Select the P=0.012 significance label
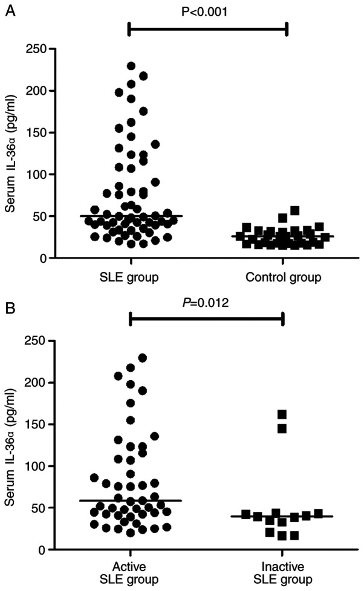(x=207, y=303)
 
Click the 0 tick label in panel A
(x=45, y=258)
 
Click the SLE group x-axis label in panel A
(x=131, y=277)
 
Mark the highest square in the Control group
(x=295, y=211)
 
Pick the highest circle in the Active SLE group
(x=143, y=358)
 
